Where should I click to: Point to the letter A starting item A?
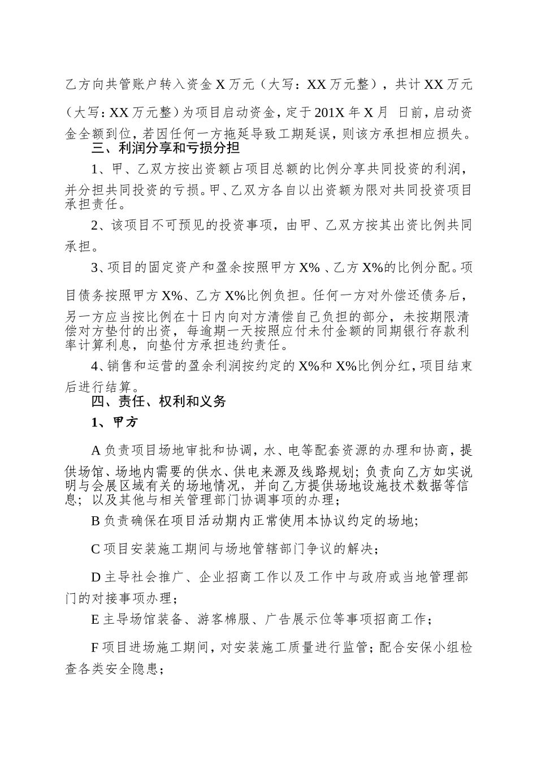(x=96, y=450)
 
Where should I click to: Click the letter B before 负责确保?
(x=96, y=520)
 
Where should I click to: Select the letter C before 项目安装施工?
(x=96, y=549)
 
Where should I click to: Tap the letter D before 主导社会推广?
(x=96, y=577)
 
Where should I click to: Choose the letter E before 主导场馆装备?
(x=96, y=619)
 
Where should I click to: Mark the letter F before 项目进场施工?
(x=95, y=647)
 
